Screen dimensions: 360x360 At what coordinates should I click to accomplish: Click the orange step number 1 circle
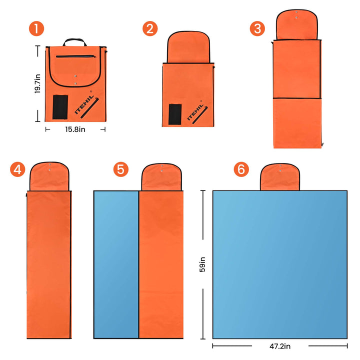coord(36,28)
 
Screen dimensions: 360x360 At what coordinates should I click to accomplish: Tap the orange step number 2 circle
coord(150,28)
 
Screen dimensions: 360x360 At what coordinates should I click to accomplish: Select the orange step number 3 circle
coord(257,28)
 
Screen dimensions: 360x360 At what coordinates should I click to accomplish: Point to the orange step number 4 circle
coord(17,169)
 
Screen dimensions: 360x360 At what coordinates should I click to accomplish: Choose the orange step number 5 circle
coord(121,169)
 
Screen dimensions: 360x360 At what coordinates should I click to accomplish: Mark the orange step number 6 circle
coord(241,169)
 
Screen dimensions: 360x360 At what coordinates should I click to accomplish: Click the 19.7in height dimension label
coord(37,84)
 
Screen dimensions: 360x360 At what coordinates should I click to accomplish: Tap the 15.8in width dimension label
coord(75,129)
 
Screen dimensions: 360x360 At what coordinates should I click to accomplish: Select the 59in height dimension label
coord(202,264)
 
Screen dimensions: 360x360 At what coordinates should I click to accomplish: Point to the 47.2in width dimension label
coord(280,346)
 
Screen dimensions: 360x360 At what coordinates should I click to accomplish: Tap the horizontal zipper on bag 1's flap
coord(76,56)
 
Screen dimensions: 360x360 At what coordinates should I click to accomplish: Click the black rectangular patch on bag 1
coord(60,107)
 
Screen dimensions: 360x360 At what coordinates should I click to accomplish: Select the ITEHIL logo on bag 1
coord(84,104)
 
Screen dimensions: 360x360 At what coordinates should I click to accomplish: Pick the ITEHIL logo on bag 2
coord(195,112)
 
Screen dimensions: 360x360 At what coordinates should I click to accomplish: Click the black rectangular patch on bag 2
coord(175,114)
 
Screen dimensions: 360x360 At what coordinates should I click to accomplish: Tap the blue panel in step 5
coord(116,264)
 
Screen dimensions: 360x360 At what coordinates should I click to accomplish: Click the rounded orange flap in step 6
coord(280,177)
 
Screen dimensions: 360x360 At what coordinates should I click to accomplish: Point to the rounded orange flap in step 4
coord(49,176)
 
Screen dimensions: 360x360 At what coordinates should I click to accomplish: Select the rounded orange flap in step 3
coord(296,24)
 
